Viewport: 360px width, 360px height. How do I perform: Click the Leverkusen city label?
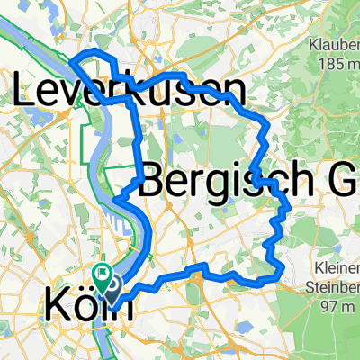(x=131, y=90)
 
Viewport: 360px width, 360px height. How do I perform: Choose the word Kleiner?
(x=335, y=267)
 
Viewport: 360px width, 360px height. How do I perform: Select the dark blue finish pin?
(x=112, y=286)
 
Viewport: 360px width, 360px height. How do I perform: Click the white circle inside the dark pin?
(x=112, y=283)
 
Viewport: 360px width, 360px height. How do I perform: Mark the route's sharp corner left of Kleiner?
(x=283, y=267)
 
